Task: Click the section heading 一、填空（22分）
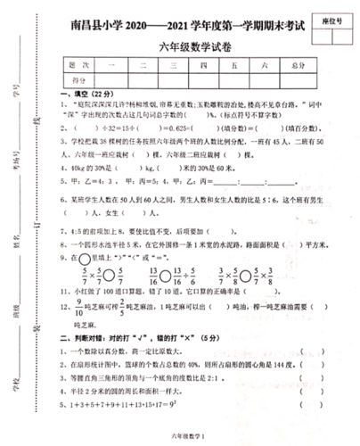[83, 94]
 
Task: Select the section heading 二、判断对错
[107, 338]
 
